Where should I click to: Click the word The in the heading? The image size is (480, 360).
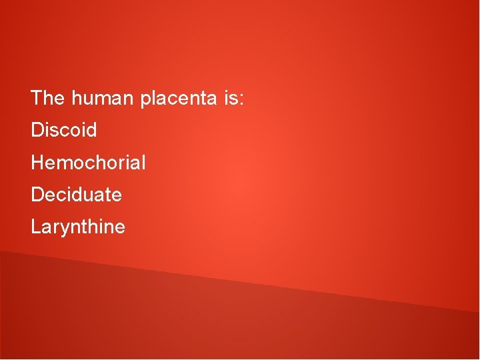point(48,99)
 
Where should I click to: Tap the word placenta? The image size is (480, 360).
point(178,99)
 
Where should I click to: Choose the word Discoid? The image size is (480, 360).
point(64,130)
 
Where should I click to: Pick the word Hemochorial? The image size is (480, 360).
point(88,162)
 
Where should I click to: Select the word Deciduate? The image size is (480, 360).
point(76,195)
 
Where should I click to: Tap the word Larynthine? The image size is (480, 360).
point(78,227)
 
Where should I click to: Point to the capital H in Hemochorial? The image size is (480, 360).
point(37,162)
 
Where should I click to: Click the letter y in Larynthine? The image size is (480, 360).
point(60,229)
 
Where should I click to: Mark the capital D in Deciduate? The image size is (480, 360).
point(37,195)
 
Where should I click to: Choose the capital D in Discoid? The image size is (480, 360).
point(37,130)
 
